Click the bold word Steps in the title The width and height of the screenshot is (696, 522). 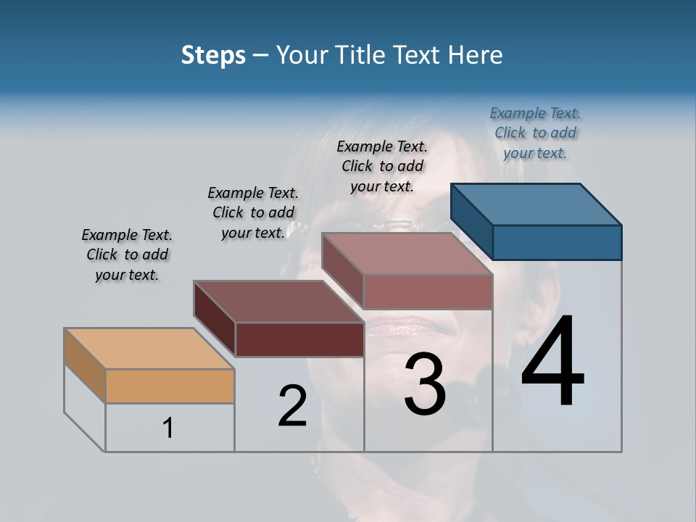click(213, 55)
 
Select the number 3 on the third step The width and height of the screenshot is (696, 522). click(424, 384)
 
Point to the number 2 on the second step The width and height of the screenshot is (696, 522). click(292, 406)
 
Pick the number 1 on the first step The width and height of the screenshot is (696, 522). click(168, 428)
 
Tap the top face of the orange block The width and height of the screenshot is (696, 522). click(149, 349)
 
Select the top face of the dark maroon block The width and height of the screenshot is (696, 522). click(279, 301)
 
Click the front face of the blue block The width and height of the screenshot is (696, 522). click(557, 242)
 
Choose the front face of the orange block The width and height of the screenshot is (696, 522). click(170, 386)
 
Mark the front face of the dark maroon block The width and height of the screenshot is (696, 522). click(299, 339)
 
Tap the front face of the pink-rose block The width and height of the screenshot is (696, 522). click(428, 291)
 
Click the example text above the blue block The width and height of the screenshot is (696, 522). click(535, 133)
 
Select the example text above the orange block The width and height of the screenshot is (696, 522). click(127, 254)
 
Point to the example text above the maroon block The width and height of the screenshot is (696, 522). click(253, 212)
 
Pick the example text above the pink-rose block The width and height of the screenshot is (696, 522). click(382, 166)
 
